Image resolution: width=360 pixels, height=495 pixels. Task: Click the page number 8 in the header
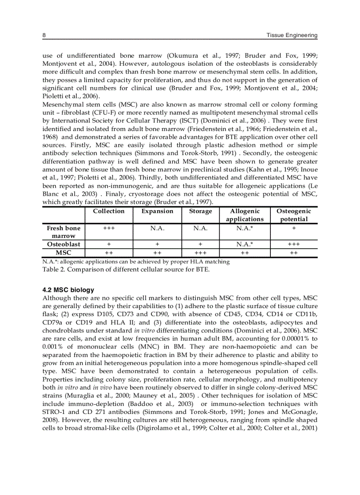(44, 35)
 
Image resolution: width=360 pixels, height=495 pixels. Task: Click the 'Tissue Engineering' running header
(292, 35)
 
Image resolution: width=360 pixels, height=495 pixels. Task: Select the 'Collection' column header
(109, 211)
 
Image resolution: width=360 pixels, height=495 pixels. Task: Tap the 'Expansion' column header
(157, 211)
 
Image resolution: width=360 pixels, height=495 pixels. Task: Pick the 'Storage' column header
(200, 211)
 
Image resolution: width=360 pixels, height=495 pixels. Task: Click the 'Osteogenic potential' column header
(293, 215)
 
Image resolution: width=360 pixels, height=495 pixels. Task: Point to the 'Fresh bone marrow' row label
(64, 232)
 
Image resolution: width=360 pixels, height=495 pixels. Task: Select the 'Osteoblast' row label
(64, 244)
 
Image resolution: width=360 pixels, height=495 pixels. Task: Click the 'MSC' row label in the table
(64, 253)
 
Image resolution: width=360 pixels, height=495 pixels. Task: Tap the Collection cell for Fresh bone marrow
(109, 228)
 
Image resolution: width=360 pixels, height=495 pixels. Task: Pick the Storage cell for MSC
(200, 253)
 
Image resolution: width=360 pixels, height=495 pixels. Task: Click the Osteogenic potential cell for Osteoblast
(293, 244)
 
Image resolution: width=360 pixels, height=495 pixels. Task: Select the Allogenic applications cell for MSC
(244, 253)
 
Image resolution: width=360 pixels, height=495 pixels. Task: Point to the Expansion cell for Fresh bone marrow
(157, 228)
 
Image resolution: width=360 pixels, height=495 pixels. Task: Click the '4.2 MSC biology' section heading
(68, 290)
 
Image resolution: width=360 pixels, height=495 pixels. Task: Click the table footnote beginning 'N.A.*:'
(136, 261)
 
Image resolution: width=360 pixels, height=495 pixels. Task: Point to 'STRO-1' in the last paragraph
(52, 411)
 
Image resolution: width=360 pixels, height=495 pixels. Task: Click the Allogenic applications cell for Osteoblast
(244, 244)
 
